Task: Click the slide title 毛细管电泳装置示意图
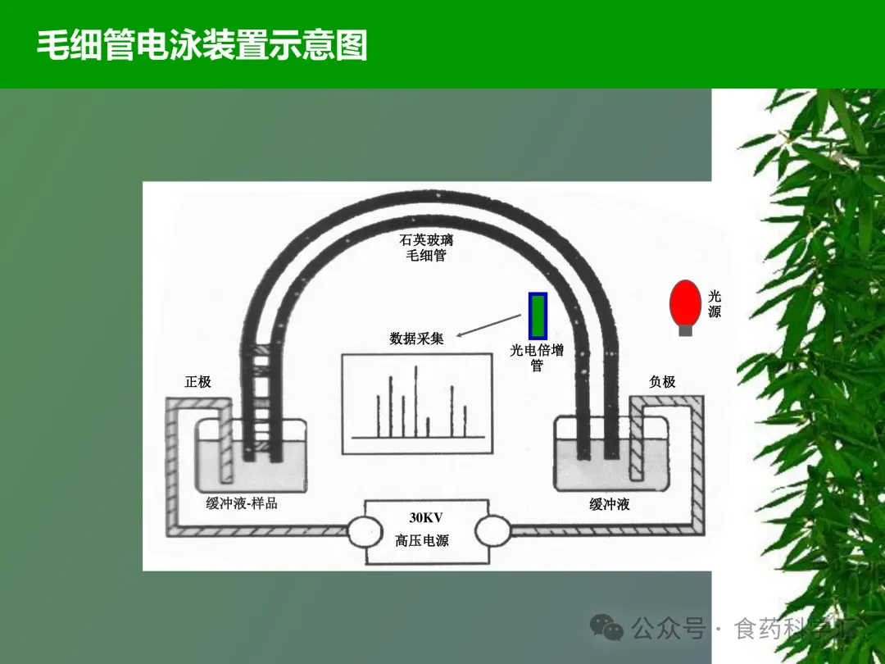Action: coord(202,45)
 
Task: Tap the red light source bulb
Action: coord(685,302)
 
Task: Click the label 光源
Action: coord(715,304)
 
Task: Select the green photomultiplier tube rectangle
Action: coord(538,316)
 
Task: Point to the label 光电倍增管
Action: coord(537,357)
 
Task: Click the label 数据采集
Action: coord(416,338)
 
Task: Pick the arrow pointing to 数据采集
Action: coord(488,325)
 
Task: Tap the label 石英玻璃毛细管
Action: coord(426,248)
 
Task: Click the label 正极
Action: coord(197,382)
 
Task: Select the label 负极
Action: coord(662,382)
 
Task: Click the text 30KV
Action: coord(425,518)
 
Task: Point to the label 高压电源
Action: coord(422,541)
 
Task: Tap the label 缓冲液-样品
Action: coord(242,503)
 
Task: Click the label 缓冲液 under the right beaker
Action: coord(610,505)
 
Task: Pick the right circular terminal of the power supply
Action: coord(493,532)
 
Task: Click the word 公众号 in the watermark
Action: coord(668,630)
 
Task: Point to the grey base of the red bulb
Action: coord(685,330)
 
